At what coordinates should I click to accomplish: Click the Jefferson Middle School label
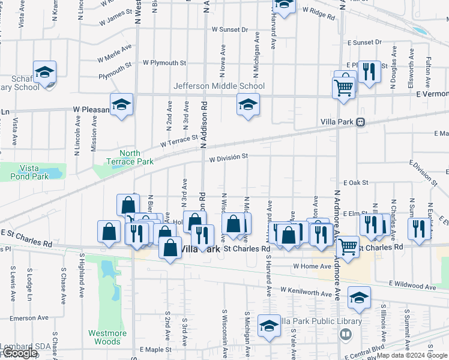point(219,86)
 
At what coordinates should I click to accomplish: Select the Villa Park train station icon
point(360,121)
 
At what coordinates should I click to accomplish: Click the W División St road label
point(228,157)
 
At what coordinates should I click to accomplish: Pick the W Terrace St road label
point(178,142)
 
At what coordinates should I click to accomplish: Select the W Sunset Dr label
point(230,29)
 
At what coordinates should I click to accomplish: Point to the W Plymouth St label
point(164,62)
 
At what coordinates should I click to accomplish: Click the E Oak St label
point(355,182)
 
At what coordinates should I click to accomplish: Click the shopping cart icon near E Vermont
point(343,88)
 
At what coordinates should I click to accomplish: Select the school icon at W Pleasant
point(121,106)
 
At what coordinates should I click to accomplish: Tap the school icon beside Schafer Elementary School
point(45,73)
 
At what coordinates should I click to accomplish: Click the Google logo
point(19,353)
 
